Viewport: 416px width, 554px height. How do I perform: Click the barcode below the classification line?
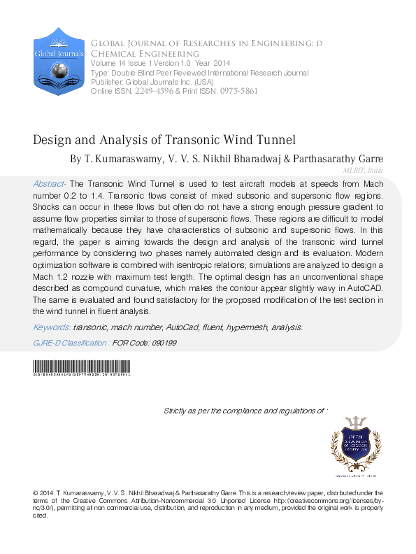[x=82, y=369]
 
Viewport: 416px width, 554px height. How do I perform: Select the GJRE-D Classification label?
[x=71, y=343]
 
